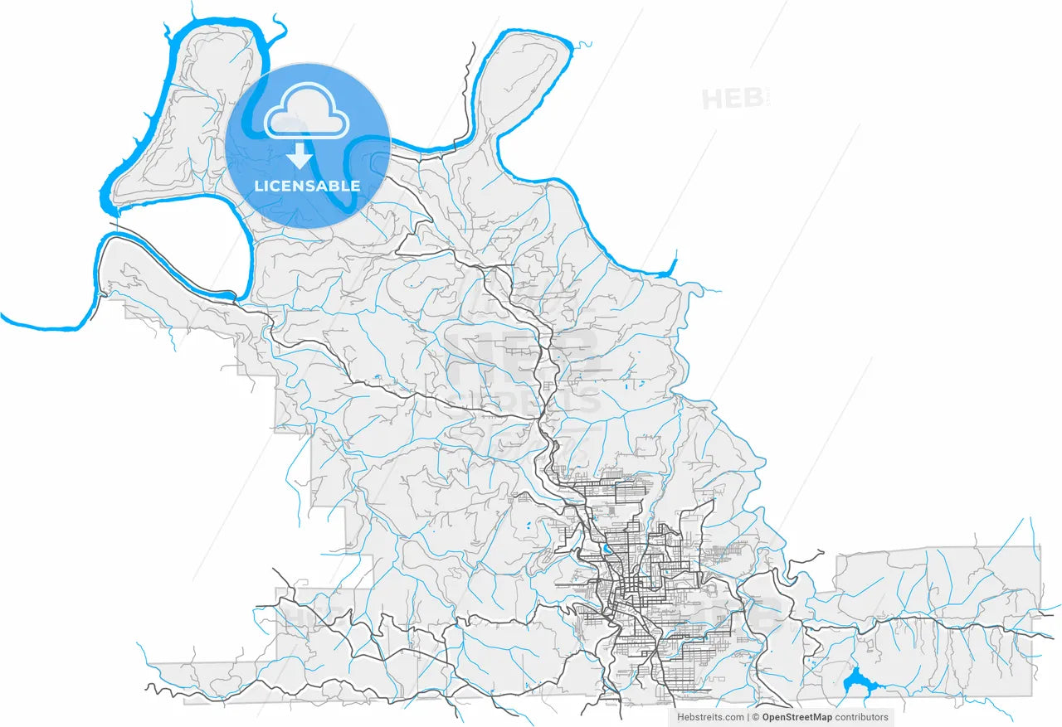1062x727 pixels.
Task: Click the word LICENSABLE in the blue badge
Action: coord(307,186)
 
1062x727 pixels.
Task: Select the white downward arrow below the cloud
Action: coord(300,155)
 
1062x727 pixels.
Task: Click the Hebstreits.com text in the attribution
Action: coord(711,717)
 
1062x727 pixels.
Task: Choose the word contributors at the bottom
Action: coord(861,717)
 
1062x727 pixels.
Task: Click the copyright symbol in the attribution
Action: coord(756,717)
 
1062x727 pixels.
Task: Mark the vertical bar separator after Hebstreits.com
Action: coord(748,717)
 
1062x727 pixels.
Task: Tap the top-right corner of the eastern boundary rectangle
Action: coord(1039,547)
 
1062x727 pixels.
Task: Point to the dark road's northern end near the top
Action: coord(474,43)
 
